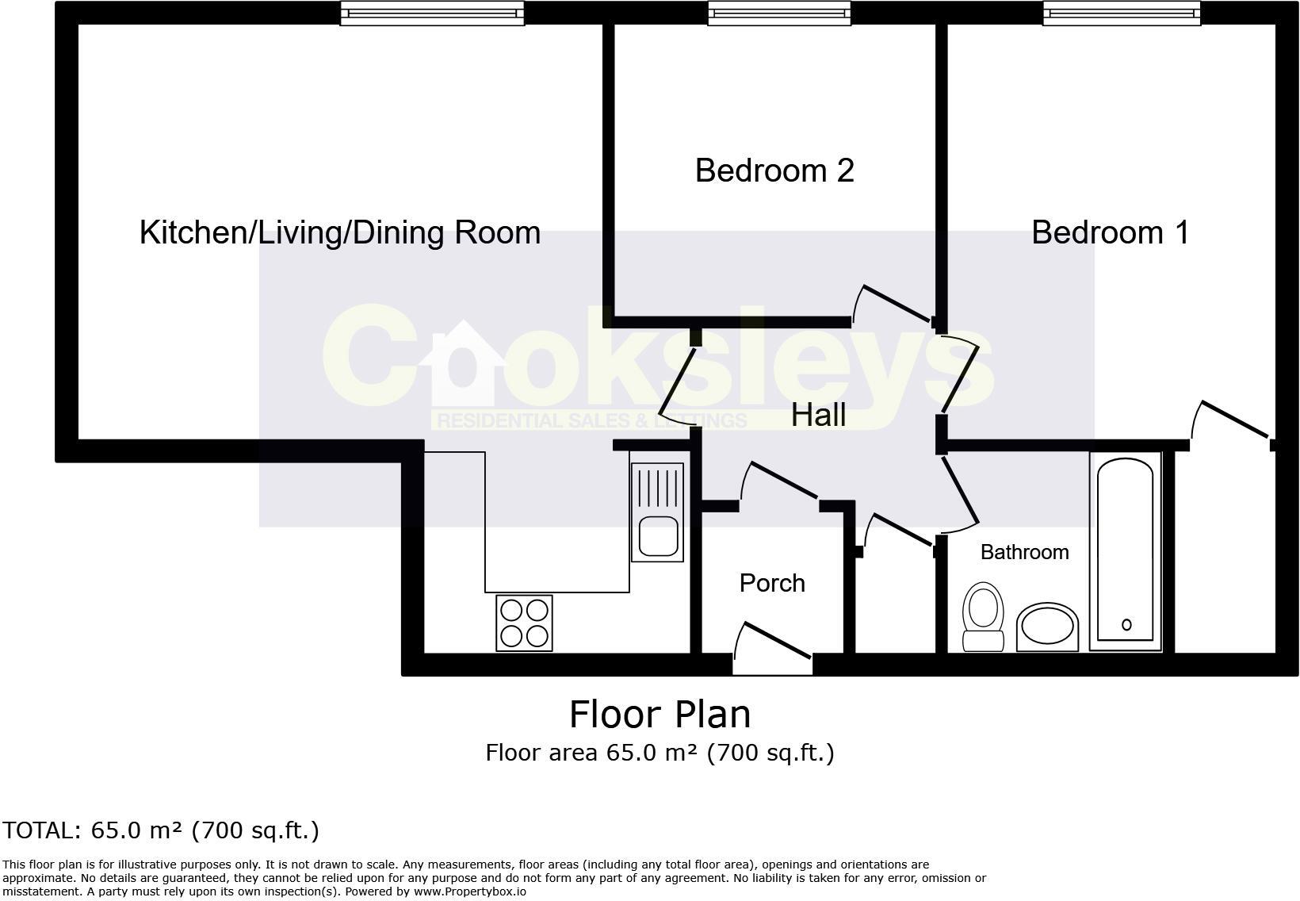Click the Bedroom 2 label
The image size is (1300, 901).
click(x=774, y=171)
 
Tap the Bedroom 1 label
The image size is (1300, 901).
click(x=1110, y=232)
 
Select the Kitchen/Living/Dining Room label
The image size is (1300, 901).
click(x=340, y=232)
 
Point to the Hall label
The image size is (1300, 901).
click(x=818, y=416)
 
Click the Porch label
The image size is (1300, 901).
click(x=772, y=583)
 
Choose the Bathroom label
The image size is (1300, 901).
click(x=1024, y=552)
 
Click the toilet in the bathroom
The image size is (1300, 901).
click(x=983, y=616)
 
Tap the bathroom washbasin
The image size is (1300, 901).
click(x=1047, y=627)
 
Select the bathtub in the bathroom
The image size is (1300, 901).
click(x=1125, y=550)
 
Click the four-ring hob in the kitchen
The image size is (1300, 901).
click(x=524, y=623)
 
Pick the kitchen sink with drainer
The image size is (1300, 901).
click(x=656, y=512)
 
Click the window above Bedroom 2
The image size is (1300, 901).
click(x=779, y=13)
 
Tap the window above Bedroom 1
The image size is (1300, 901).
click(x=1121, y=13)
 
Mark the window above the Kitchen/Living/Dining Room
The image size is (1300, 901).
click(x=432, y=13)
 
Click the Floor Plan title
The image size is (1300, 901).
click(x=660, y=714)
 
